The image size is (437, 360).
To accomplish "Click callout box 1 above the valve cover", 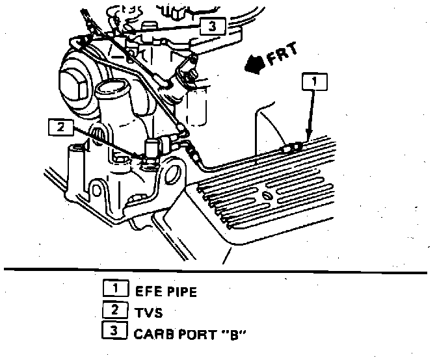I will (313, 82).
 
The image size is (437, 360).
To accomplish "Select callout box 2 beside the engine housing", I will (60, 127).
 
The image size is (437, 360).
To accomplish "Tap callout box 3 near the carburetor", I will (211, 26).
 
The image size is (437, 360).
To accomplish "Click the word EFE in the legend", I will (147, 292).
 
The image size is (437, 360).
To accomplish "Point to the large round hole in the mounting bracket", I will (173, 176).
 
